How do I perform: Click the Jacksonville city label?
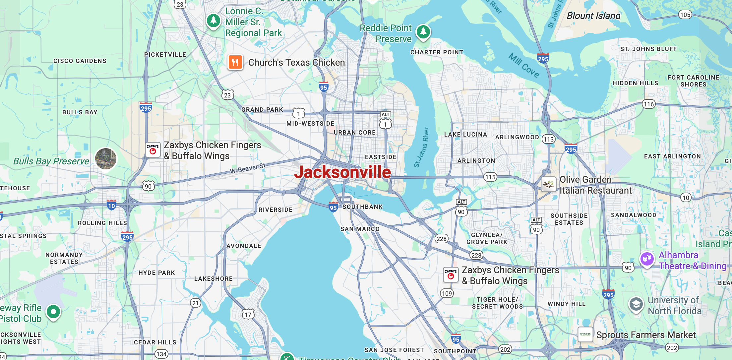point(342,172)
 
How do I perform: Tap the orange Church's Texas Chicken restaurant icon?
point(235,62)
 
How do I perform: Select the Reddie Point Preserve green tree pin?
point(423,32)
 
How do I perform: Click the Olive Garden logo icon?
point(549,184)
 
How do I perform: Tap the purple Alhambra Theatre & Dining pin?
point(647,259)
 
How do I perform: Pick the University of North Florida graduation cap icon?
point(636,304)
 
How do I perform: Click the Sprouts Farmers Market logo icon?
point(585,334)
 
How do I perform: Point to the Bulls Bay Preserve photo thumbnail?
point(106,158)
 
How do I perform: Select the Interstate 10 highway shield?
point(111,206)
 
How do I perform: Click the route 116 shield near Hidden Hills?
point(648,104)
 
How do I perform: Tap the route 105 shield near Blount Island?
point(685,15)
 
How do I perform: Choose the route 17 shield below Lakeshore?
point(248,314)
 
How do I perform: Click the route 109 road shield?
point(447,293)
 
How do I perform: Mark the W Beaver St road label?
point(248,168)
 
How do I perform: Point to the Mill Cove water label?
point(524,65)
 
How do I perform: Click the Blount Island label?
point(593,16)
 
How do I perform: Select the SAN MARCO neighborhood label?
point(360,229)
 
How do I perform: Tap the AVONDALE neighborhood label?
point(244,246)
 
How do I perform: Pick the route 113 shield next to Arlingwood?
point(548,139)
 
